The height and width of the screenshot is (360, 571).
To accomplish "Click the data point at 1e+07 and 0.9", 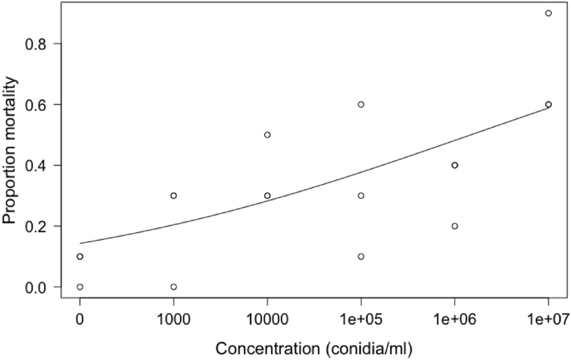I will (549, 13).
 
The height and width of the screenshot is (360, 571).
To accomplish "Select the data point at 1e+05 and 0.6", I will (361, 104).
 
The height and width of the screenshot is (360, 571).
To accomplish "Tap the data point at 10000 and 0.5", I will (267, 135).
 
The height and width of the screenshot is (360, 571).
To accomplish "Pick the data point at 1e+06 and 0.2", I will (455, 226).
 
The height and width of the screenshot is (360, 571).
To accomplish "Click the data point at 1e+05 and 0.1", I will (361, 256).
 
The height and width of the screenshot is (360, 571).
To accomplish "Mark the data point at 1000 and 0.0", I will (174, 286).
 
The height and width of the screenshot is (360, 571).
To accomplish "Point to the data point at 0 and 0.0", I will (79, 286).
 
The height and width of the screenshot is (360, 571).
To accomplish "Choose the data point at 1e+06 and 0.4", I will (455, 165).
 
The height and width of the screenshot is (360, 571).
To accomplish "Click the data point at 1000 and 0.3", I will (174, 195).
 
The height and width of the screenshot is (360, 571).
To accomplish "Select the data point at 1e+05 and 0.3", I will (361, 195).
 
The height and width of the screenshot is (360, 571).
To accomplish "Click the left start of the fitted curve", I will (80, 243).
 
